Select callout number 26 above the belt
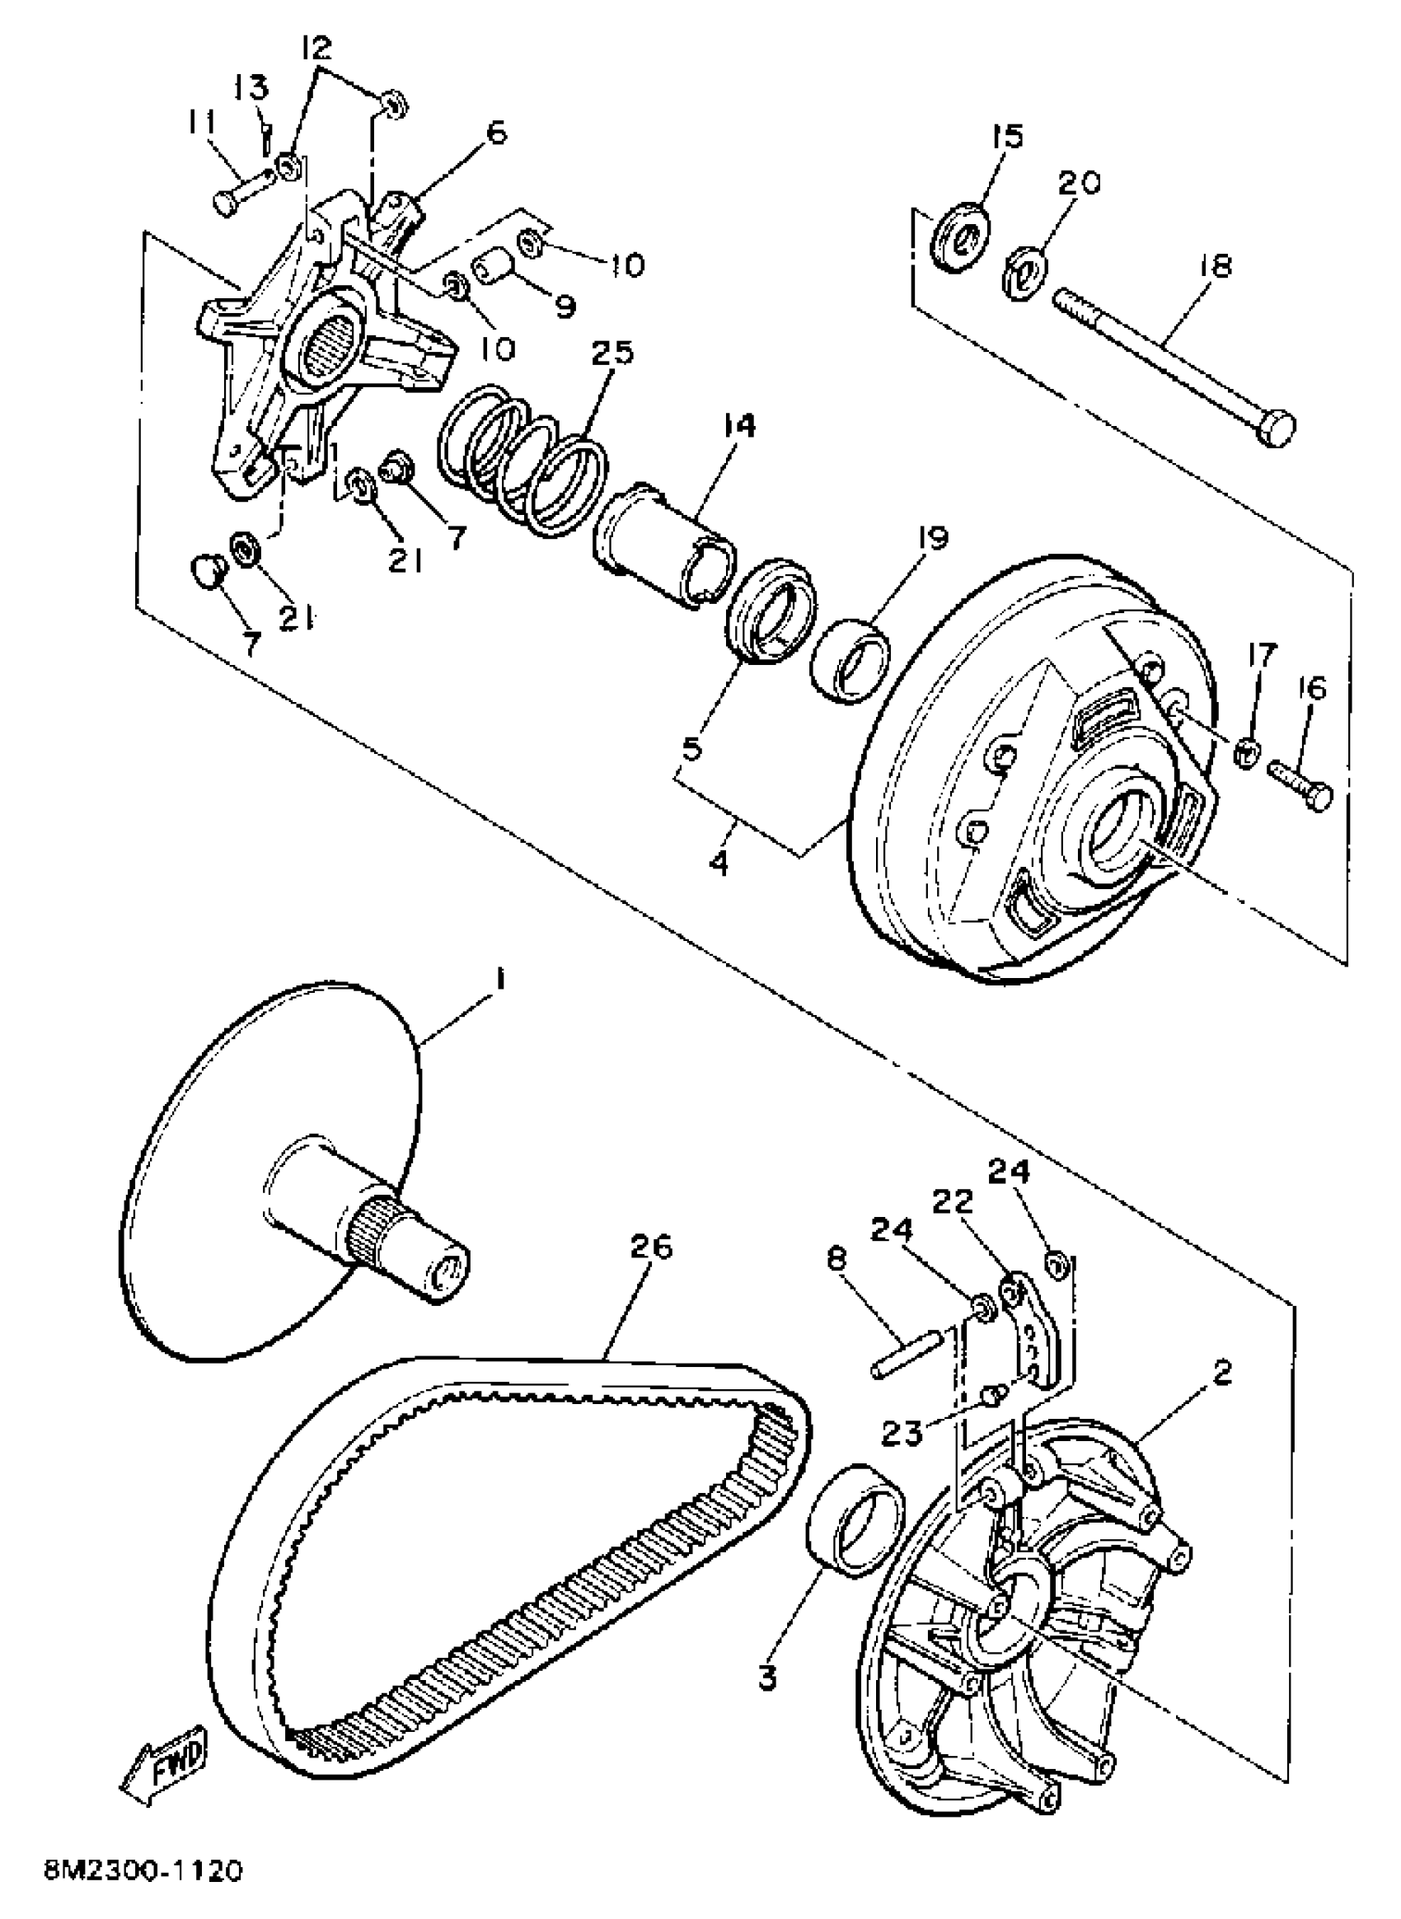click(x=650, y=1246)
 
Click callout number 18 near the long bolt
click(x=1215, y=266)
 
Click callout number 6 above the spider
click(x=496, y=133)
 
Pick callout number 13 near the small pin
click(x=252, y=88)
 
